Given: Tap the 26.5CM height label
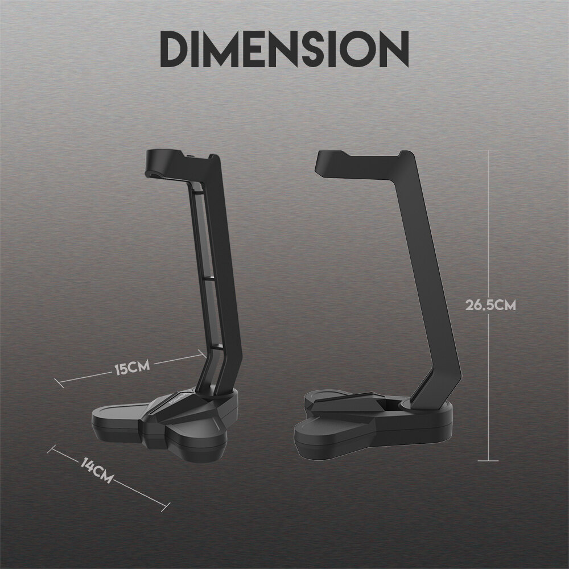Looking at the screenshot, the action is pos(490,305).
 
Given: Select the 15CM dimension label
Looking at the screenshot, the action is pos(132,368).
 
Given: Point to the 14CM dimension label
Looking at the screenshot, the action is pos(96,471).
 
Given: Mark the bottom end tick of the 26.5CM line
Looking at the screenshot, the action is pos(488,461).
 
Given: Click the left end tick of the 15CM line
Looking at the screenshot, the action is pos(59,383).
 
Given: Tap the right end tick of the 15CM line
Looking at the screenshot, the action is pos(203,353).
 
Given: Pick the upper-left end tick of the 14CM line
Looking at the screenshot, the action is pos(52,450).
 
